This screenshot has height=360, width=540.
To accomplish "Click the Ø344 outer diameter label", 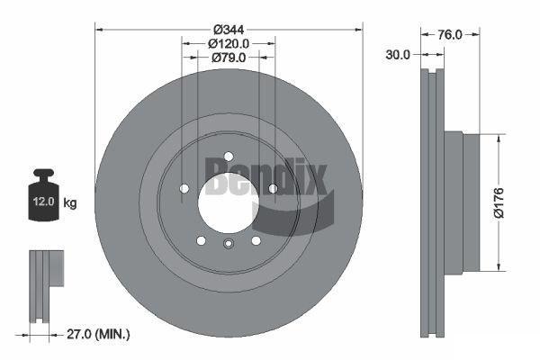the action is point(229,30).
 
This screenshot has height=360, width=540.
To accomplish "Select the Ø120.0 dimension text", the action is point(229,44).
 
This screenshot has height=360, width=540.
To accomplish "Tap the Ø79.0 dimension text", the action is point(229,58).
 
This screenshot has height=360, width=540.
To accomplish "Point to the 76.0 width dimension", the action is point(450,34).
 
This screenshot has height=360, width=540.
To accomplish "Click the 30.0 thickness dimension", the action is point(398,54).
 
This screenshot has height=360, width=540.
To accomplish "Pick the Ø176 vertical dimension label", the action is point(499,202).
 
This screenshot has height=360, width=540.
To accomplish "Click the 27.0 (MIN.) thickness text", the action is point(98,334).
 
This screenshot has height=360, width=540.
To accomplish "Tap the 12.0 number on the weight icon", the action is point(44,202).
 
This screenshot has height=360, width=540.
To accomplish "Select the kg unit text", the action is point(70,202).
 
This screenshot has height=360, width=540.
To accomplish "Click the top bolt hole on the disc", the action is point(229,157).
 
